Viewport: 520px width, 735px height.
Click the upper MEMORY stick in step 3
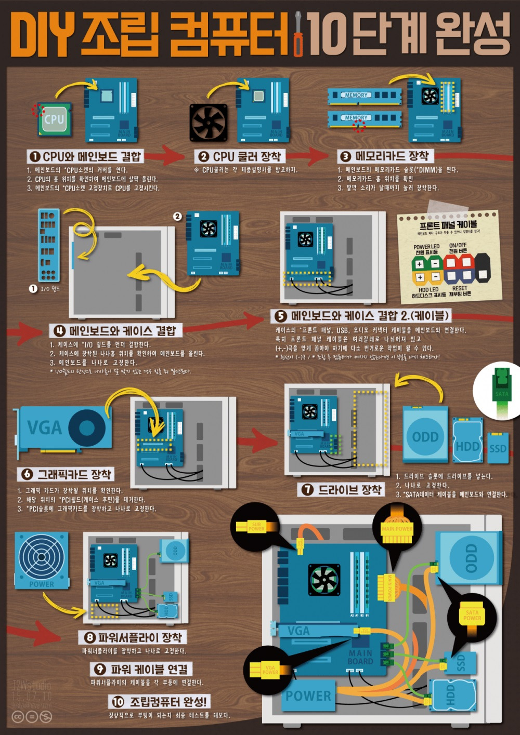pyautogui.click(x=364, y=96)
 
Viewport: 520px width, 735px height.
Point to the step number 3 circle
pyautogui.click(x=345, y=156)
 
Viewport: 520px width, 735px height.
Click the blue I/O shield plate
pyautogui.click(x=49, y=244)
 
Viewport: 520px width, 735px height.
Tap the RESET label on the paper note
pyautogui.click(x=460, y=288)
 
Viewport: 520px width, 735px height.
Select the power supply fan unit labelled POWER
pyautogui.click(x=42, y=560)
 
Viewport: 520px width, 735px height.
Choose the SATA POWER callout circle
pyautogui.click(x=472, y=616)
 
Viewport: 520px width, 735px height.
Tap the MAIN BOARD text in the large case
pyautogui.click(x=360, y=657)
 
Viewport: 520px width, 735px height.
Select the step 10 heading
pyautogui.click(x=161, y=702)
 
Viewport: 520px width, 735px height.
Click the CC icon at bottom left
pyautogui.click(x=18, y=717)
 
